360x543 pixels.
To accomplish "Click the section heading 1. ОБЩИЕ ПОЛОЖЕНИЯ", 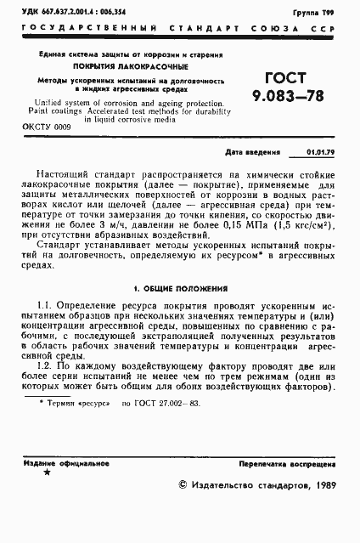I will (x=179, y=289).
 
